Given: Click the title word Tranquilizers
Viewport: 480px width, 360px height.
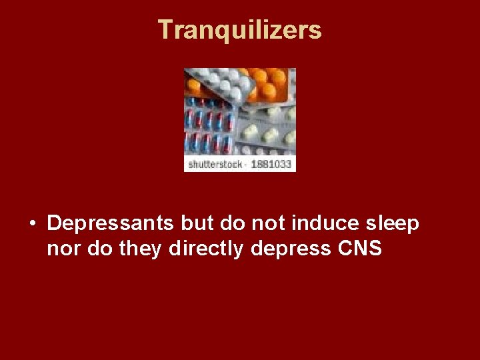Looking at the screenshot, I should pos(240,30).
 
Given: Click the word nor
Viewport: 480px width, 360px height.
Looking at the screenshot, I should pos(61,249).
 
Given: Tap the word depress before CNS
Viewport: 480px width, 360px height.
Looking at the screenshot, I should pos(292,250).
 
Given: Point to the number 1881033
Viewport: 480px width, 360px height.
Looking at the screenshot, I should pos(271,165).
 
